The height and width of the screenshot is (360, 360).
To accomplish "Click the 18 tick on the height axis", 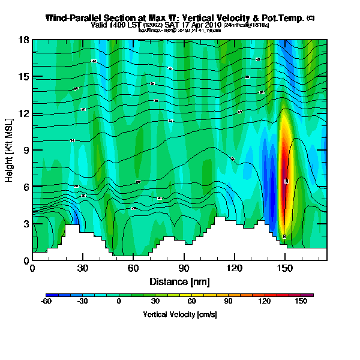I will pos(25,40).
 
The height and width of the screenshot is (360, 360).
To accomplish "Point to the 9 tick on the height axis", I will pos(25,150).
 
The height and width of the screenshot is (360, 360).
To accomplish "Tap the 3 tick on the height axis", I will pos(25,224).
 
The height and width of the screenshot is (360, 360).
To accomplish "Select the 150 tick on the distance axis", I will pos(285,268).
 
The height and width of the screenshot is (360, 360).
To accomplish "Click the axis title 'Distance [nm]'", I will pos(179,281).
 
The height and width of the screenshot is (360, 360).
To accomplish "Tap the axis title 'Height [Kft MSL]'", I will pos(10,150).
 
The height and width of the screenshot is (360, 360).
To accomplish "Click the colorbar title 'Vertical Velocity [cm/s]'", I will pos(179,314).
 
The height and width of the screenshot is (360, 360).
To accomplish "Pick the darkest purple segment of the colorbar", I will pos(310,295).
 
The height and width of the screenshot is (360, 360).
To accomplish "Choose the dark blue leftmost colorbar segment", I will pos(49,295).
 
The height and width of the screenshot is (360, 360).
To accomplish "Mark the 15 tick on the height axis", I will pos(25,77).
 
